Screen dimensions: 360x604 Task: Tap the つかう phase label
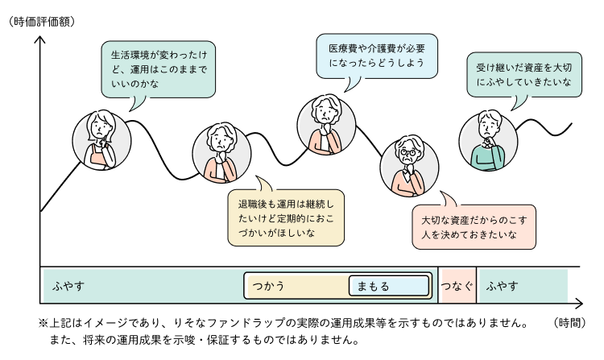pos(269,286)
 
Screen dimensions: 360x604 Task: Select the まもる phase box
pos(388,286)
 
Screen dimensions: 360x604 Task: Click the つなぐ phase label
pos(457,286)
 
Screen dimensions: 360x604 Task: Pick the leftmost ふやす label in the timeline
pos(69,286)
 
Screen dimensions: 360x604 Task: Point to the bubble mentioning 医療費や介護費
pos(376,56)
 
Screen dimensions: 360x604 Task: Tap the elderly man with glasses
pos(407,164)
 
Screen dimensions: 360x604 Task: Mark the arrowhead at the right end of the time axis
pos(577,304)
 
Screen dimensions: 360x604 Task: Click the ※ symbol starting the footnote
pos(43,323)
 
